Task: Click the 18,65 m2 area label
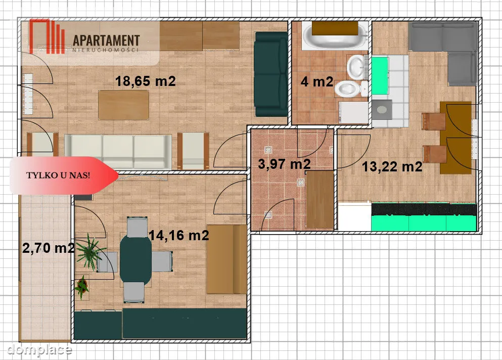(146, 81)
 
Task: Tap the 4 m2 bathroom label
(317, 82)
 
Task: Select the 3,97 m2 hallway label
(284, 164)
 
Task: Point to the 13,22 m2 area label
(392, 166)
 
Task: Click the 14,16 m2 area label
(178, 236)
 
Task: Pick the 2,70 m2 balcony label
(49, 248)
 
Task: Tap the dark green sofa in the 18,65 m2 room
(271, 74)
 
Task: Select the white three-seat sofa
(118, 152)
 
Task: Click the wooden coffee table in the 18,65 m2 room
(123, 105)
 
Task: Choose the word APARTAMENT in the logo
(106, 40)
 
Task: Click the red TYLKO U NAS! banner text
(58, 175)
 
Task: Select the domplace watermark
(39, 349)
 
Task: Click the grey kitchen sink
(382, 110)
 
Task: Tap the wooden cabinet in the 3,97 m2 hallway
(320, 200)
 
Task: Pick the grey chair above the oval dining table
(137, 227)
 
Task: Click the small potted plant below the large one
(82, 287)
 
